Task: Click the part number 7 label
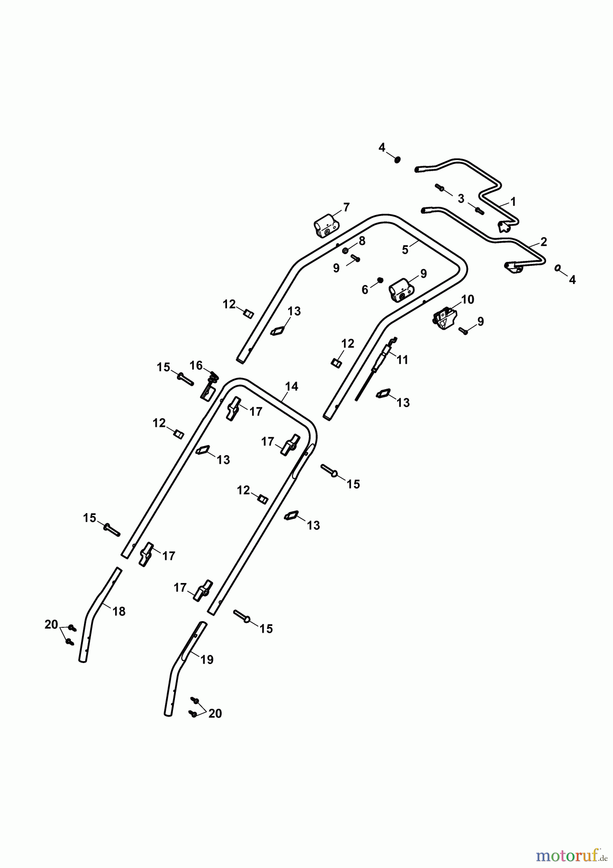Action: click(x=346, y=208)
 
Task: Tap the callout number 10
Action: click(x=467, y=299)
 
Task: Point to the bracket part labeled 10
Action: click(x=444, y=319)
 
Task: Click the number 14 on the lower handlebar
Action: click(x=292, y=386)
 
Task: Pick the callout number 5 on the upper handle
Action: click(x=405, y=249)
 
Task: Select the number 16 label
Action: click(x=196, y=366)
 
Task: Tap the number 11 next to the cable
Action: click(x=402, y=360)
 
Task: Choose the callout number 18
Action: click(x=119, y=611)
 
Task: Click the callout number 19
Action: click(x=207, y=660)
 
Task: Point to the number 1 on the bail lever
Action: click(x=513, y=202)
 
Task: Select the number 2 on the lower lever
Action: click(x=544, y=242)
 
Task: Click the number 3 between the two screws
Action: click(x=461, y=198)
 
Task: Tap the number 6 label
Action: click(x=365, y=289)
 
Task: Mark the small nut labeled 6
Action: click(x=380, y=280)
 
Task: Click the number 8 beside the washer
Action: click(x=362, y=241)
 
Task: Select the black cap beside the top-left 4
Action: click(x=397, y=160)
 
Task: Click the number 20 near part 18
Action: click(x=51, y=624)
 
